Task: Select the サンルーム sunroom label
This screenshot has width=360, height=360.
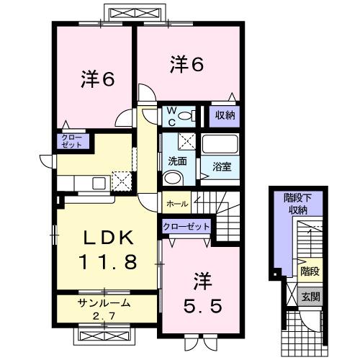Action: click(x=103, y=302)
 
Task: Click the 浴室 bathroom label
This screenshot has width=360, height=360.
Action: click(x=222, y=167)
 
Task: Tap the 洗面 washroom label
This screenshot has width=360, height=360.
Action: click(x=178, y=161)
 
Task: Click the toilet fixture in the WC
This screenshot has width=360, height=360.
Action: click(x=188, y=116)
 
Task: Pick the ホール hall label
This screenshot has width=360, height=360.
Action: click(x=177, y=204)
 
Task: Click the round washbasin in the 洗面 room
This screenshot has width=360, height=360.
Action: click(x=174, y=178)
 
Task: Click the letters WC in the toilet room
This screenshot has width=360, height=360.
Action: click(x=172, y=116)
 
